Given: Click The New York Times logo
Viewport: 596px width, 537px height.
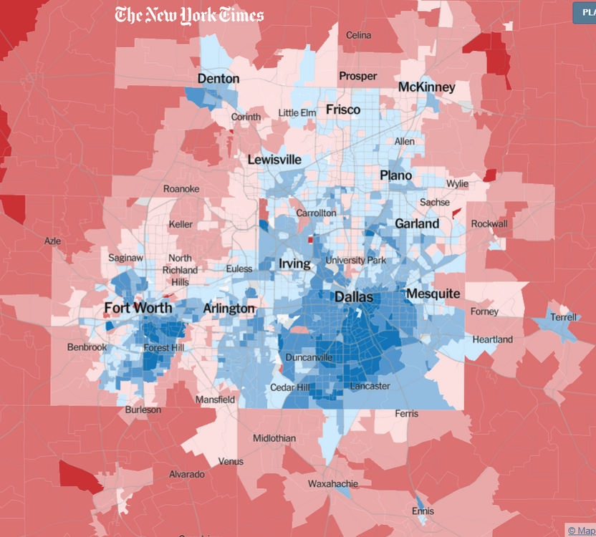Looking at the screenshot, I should tap(189, 15).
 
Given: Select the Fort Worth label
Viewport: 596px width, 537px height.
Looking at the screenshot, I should tap(138, 309).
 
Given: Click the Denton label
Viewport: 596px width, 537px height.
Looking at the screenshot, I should tap(218, 79).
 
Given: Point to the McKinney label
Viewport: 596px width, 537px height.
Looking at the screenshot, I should tap(426, 87).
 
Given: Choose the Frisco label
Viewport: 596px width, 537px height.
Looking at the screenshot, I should tap(343, 110).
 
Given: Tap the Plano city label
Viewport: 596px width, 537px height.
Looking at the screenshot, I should tap(395, 175).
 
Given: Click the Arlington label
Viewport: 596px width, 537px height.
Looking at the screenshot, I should tap(229, 309).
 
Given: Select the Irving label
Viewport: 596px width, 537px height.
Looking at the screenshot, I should tap(294, 264).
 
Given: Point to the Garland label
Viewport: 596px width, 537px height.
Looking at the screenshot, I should tap(417, 223).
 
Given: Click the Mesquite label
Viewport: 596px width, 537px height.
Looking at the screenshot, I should tap(433, 294).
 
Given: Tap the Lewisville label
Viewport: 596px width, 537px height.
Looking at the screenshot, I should tap(274, 160).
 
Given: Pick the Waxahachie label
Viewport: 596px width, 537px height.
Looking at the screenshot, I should tap(332, 484).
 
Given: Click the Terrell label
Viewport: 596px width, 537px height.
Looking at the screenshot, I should tap(563, 317).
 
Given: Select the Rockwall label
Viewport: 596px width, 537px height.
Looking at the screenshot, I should tap(489, 224).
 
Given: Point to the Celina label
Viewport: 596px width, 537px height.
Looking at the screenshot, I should tap(359, 35).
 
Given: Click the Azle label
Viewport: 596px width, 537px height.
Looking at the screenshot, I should tap(52, 241).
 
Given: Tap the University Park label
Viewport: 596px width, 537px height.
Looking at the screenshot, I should tap(355, 261).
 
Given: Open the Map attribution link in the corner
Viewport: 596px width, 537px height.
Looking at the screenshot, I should tap(581, 531).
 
